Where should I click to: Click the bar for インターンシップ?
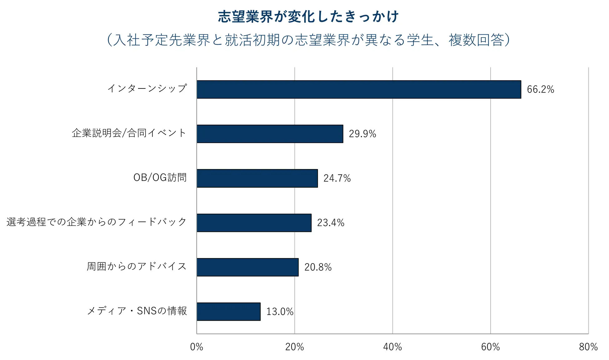click(359, 89)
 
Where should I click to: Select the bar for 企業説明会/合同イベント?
click(270, 134)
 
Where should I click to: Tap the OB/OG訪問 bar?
click(257, 178)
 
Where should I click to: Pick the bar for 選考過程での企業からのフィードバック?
click(254, 223)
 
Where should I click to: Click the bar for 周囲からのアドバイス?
click(247, 267)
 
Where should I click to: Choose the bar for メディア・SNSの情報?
click(228, 312)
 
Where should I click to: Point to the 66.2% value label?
click(540, 89)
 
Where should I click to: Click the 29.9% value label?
click(362, 134)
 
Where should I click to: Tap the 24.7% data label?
click(337, 178)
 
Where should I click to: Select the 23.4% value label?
click(331, 223)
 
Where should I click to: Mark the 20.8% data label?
click(318, 267)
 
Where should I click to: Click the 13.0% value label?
click(280, 312)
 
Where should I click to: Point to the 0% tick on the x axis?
click(196, 347)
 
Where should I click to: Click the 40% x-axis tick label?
click(392, 347)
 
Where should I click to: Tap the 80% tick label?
click(588, 347)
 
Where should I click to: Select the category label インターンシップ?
click(147, 89)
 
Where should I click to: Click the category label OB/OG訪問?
click(160, 177)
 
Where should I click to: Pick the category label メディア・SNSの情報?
click(137, 311)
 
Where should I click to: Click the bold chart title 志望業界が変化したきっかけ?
click(308, 17)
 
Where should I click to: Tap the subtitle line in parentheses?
click(308, 40)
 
